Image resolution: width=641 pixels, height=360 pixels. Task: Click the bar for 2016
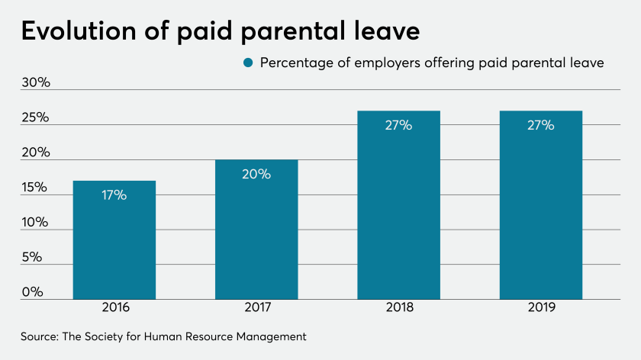(x=114, y=239)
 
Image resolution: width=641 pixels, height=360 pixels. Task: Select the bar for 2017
(x=256, y=229)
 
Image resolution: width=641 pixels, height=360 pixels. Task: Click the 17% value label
(x=114, y=195)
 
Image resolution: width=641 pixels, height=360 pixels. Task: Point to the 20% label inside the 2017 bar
(x=256, y=174)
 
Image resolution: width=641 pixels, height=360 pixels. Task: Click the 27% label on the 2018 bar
(x=398, y=126)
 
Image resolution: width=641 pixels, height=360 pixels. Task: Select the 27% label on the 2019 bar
(x=541, y=126)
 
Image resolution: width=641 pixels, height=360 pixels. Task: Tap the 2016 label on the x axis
(x=114, y=308)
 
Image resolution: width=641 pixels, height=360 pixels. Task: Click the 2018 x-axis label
(x=398, y=308)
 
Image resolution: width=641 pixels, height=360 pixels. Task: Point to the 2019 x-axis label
(x=541, y=308)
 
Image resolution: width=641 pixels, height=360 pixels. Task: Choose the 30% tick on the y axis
(x=35, y=82)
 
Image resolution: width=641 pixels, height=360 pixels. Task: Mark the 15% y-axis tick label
(x=35, y=188)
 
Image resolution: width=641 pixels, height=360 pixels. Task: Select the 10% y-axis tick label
(x=35, y=223)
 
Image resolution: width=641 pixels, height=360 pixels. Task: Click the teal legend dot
(x=247, y=63)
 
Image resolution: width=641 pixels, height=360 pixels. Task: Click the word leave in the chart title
(x=386, y=32)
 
